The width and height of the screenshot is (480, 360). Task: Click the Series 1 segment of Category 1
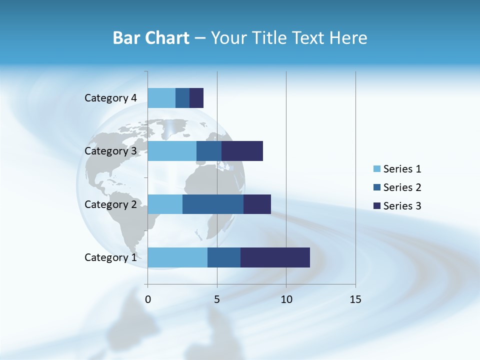coord(177,257)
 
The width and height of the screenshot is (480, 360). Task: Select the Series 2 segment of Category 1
coord(224,257)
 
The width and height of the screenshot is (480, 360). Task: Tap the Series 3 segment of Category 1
coord(275,257)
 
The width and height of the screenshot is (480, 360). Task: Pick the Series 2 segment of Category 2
coord(213,204)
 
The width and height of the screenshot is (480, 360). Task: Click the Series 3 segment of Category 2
coord(257,204)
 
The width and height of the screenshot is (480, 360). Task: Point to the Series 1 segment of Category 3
coord(172,151)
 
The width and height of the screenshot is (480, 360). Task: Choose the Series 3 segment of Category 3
coord(242,151)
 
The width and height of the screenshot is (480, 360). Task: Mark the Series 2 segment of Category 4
coord(182,98)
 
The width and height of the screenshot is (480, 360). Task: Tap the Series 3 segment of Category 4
coord(196,98)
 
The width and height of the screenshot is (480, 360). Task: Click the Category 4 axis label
coord(110,98)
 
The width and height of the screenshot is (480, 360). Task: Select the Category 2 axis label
coord(110,204)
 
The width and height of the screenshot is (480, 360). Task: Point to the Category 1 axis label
coord(110,257)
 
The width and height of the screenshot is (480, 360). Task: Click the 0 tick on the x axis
coord(148,299)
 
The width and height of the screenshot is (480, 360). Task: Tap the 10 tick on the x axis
coord(286,299)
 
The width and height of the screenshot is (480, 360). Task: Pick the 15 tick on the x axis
coord(355,299)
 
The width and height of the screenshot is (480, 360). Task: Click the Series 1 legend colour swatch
coord(377,169)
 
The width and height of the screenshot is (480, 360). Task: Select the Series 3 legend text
coord(402,205)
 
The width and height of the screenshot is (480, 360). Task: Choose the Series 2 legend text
coord(402,187)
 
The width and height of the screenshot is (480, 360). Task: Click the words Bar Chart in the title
coord(150,38)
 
